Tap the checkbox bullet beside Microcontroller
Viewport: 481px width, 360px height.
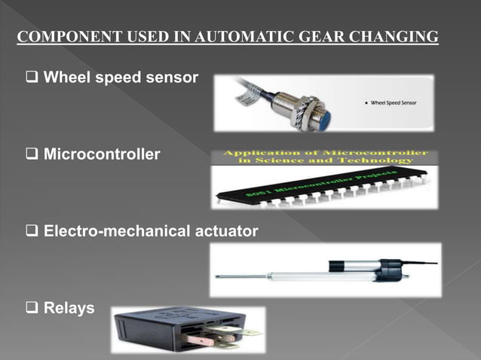(x=32, y=155)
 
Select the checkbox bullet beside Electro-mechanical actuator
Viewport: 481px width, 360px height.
(x=32, y=231)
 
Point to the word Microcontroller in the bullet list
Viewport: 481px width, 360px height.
(x=102, y=155)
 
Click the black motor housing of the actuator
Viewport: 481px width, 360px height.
(x=392, y=268)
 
